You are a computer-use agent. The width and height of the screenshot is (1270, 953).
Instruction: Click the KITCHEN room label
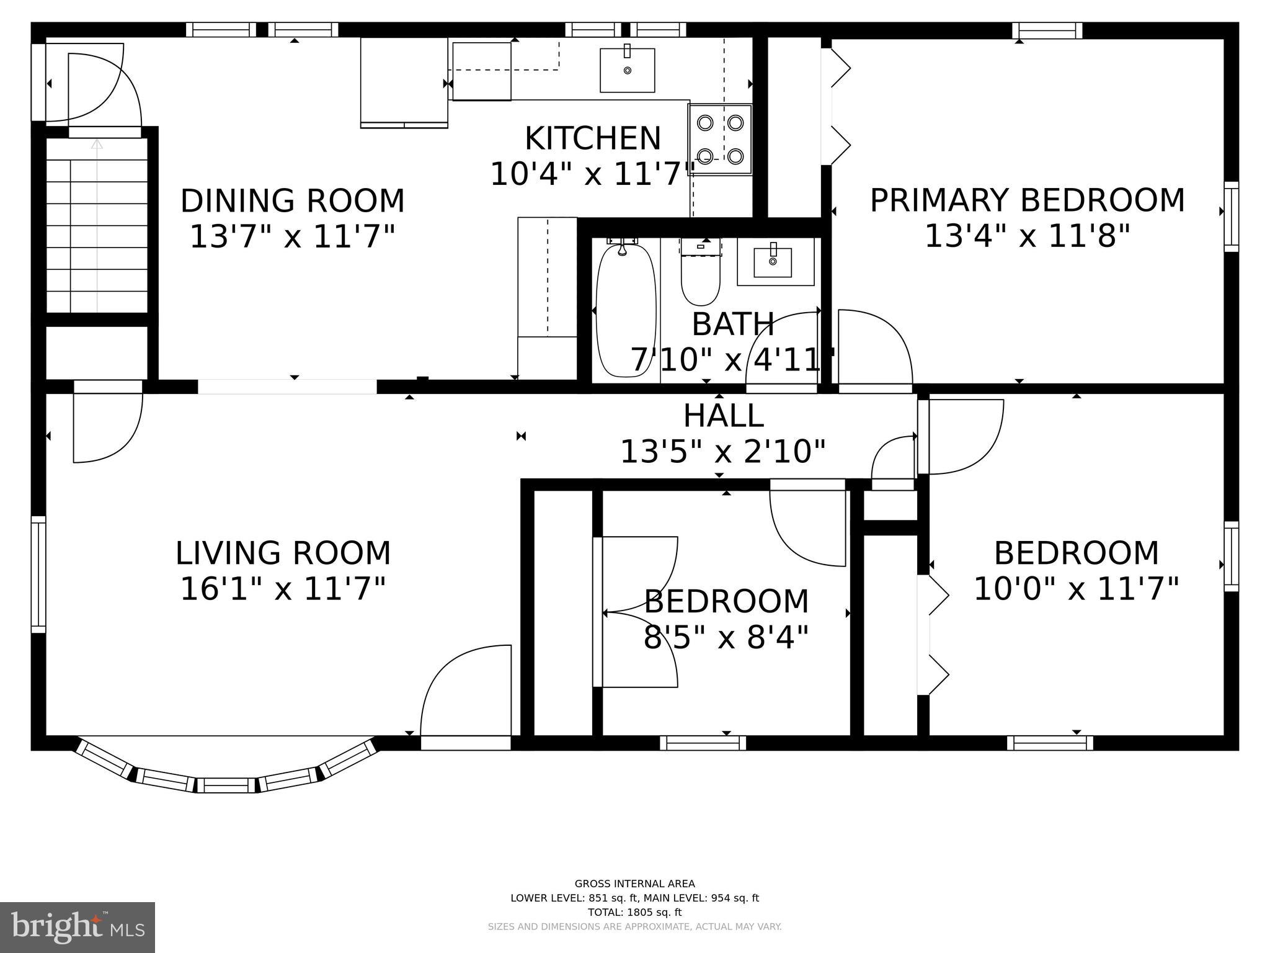coord(593,138)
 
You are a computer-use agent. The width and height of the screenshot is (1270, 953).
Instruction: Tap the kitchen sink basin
coord(627,70)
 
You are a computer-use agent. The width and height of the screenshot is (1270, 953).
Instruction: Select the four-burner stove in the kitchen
coord(720,140)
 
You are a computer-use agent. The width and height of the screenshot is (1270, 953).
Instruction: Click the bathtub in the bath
coord(625,310)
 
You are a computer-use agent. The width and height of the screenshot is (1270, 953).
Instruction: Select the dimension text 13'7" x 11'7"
coord(292,237)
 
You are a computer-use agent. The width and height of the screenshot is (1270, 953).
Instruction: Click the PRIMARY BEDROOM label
coord(1027,200)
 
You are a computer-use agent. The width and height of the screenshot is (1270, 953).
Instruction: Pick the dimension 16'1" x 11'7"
coord(283,589)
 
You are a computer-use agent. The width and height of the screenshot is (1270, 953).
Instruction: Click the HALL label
coord(723,416)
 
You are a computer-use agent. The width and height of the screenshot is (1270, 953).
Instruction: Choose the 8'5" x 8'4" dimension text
coord(726,637)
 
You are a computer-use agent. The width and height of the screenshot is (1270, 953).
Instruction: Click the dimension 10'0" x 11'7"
coord(1076,589)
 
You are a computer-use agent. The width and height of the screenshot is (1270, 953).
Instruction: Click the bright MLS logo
coord(77,927)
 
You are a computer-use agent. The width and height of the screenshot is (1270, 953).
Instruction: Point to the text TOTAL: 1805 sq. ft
coord(634,912)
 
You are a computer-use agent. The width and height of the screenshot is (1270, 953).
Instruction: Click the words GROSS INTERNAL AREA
coord(634,884)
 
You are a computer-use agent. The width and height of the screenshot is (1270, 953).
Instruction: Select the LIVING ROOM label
coord(283,553)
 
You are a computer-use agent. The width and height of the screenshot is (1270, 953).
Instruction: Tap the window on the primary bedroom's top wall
coord(1047,30)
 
